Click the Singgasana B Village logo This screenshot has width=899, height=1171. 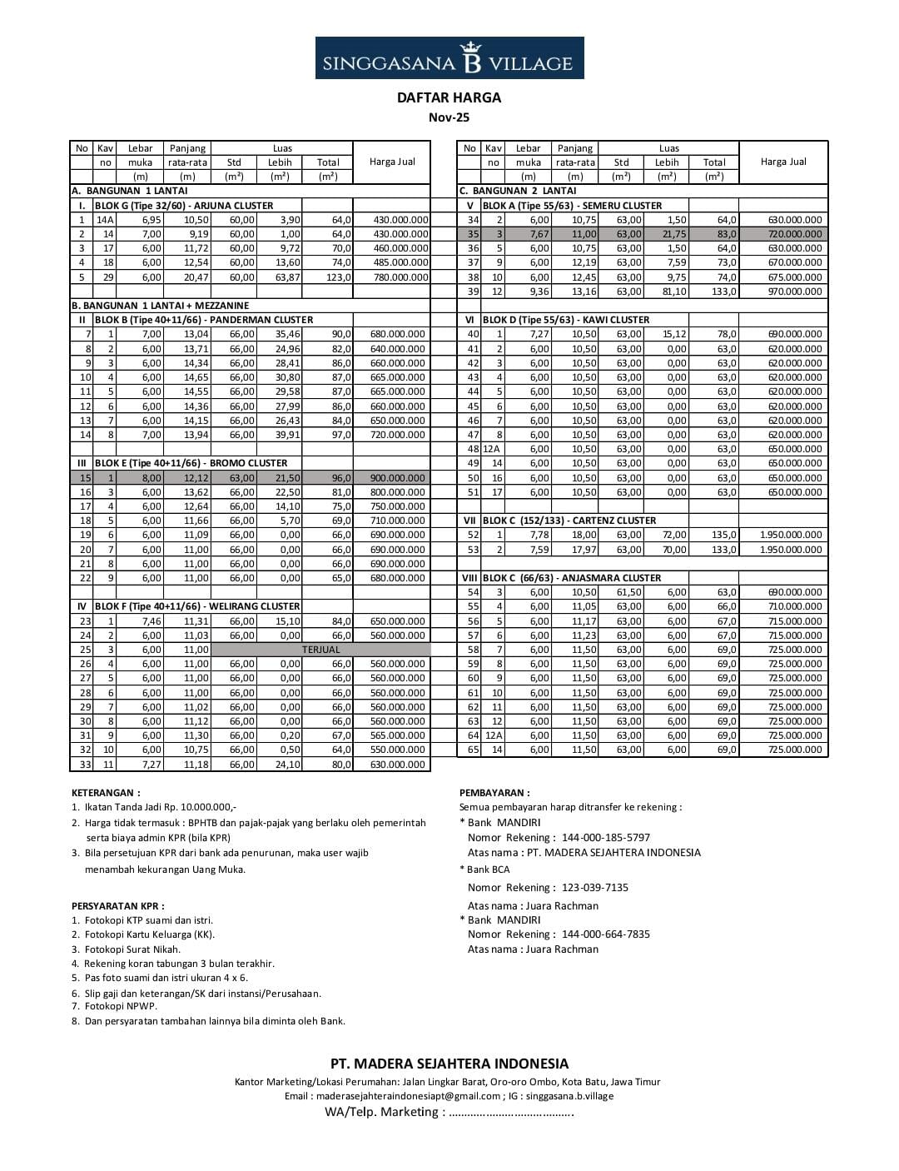449,58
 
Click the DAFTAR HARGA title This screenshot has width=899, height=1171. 449,97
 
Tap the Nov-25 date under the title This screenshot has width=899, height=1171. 449,117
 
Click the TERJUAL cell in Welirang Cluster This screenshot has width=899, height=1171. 320,650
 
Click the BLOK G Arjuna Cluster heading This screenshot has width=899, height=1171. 184,205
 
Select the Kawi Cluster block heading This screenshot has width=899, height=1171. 566,320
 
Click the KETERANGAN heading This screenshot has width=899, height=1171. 106,793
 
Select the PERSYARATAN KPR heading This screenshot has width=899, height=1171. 117,905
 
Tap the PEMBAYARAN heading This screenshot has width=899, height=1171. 494,793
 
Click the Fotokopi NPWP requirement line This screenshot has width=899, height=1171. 117,1006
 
